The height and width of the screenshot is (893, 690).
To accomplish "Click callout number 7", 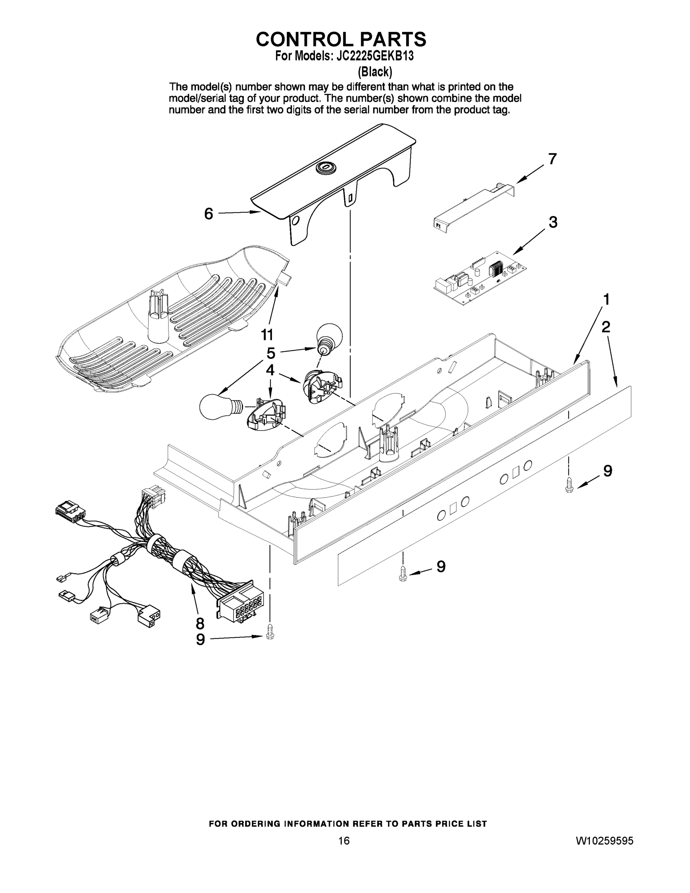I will [x=552, y=159].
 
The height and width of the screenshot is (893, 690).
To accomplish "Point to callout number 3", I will [x=553, y=223].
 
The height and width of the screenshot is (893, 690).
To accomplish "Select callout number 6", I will [x=208, y=214].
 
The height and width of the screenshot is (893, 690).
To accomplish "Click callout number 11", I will [x=267, y=335].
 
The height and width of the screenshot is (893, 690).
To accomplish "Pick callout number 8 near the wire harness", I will [x=199, y=624].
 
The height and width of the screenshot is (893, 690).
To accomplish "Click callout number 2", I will [x=606, y=327].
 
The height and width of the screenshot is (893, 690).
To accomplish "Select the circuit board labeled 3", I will [x=479, y=278].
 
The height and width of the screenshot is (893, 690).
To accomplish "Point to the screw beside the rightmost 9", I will [x=569, y=485].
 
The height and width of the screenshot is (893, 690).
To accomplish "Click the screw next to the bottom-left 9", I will [x=270, y=632].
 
